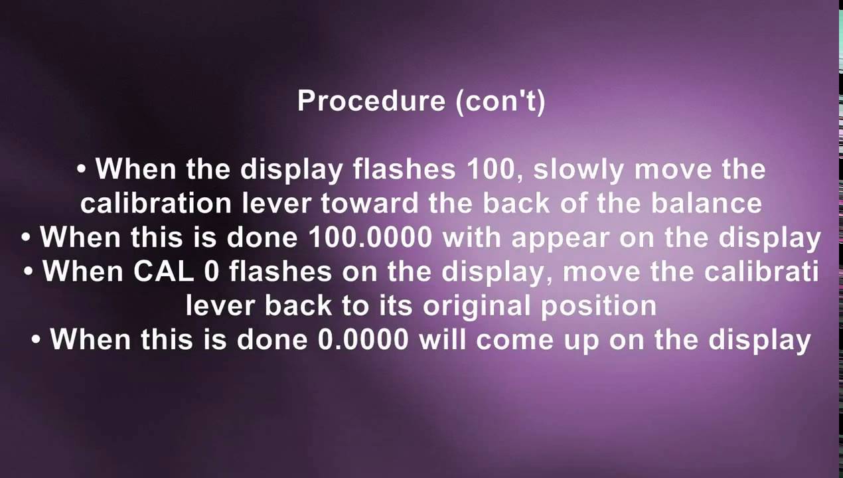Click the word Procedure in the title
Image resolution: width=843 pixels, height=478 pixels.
pyautogui.click(x=371, y=101)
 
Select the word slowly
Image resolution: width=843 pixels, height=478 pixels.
pyautogui.click(x=578, y=169)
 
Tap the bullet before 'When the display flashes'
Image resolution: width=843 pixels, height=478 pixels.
pyautogui.click(x=82, y=170)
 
